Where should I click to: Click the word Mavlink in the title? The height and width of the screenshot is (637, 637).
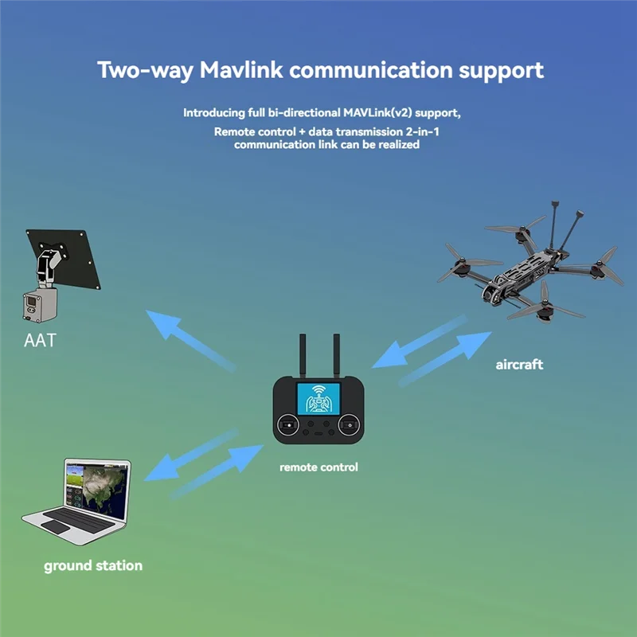pos(241,69)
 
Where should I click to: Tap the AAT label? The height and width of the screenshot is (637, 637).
pos(40,341)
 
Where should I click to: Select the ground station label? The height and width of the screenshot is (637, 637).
pos(93,566)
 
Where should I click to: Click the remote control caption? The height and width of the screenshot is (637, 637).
pos(319,467)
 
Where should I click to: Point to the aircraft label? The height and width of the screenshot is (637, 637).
pos(519,365)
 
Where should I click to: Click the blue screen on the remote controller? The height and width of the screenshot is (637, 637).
pos(318,399)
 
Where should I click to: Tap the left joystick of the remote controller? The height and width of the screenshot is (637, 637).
pos(288,425)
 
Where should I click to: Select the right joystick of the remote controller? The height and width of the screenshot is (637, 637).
pos(349,425)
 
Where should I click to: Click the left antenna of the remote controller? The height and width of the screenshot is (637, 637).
pos(303,356)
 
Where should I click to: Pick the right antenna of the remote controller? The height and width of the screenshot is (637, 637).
pos(336,356)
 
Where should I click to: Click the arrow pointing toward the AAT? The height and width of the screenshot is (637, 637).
pos(190,341)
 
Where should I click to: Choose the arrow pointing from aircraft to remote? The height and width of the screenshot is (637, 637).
pos(420,342)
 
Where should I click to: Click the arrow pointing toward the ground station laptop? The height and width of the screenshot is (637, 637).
pos(191,455)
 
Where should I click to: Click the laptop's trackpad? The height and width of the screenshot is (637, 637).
pos(56,527)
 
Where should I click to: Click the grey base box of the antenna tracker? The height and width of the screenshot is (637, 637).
pos(39,305)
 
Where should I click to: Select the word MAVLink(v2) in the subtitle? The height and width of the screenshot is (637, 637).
pos(377,112)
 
